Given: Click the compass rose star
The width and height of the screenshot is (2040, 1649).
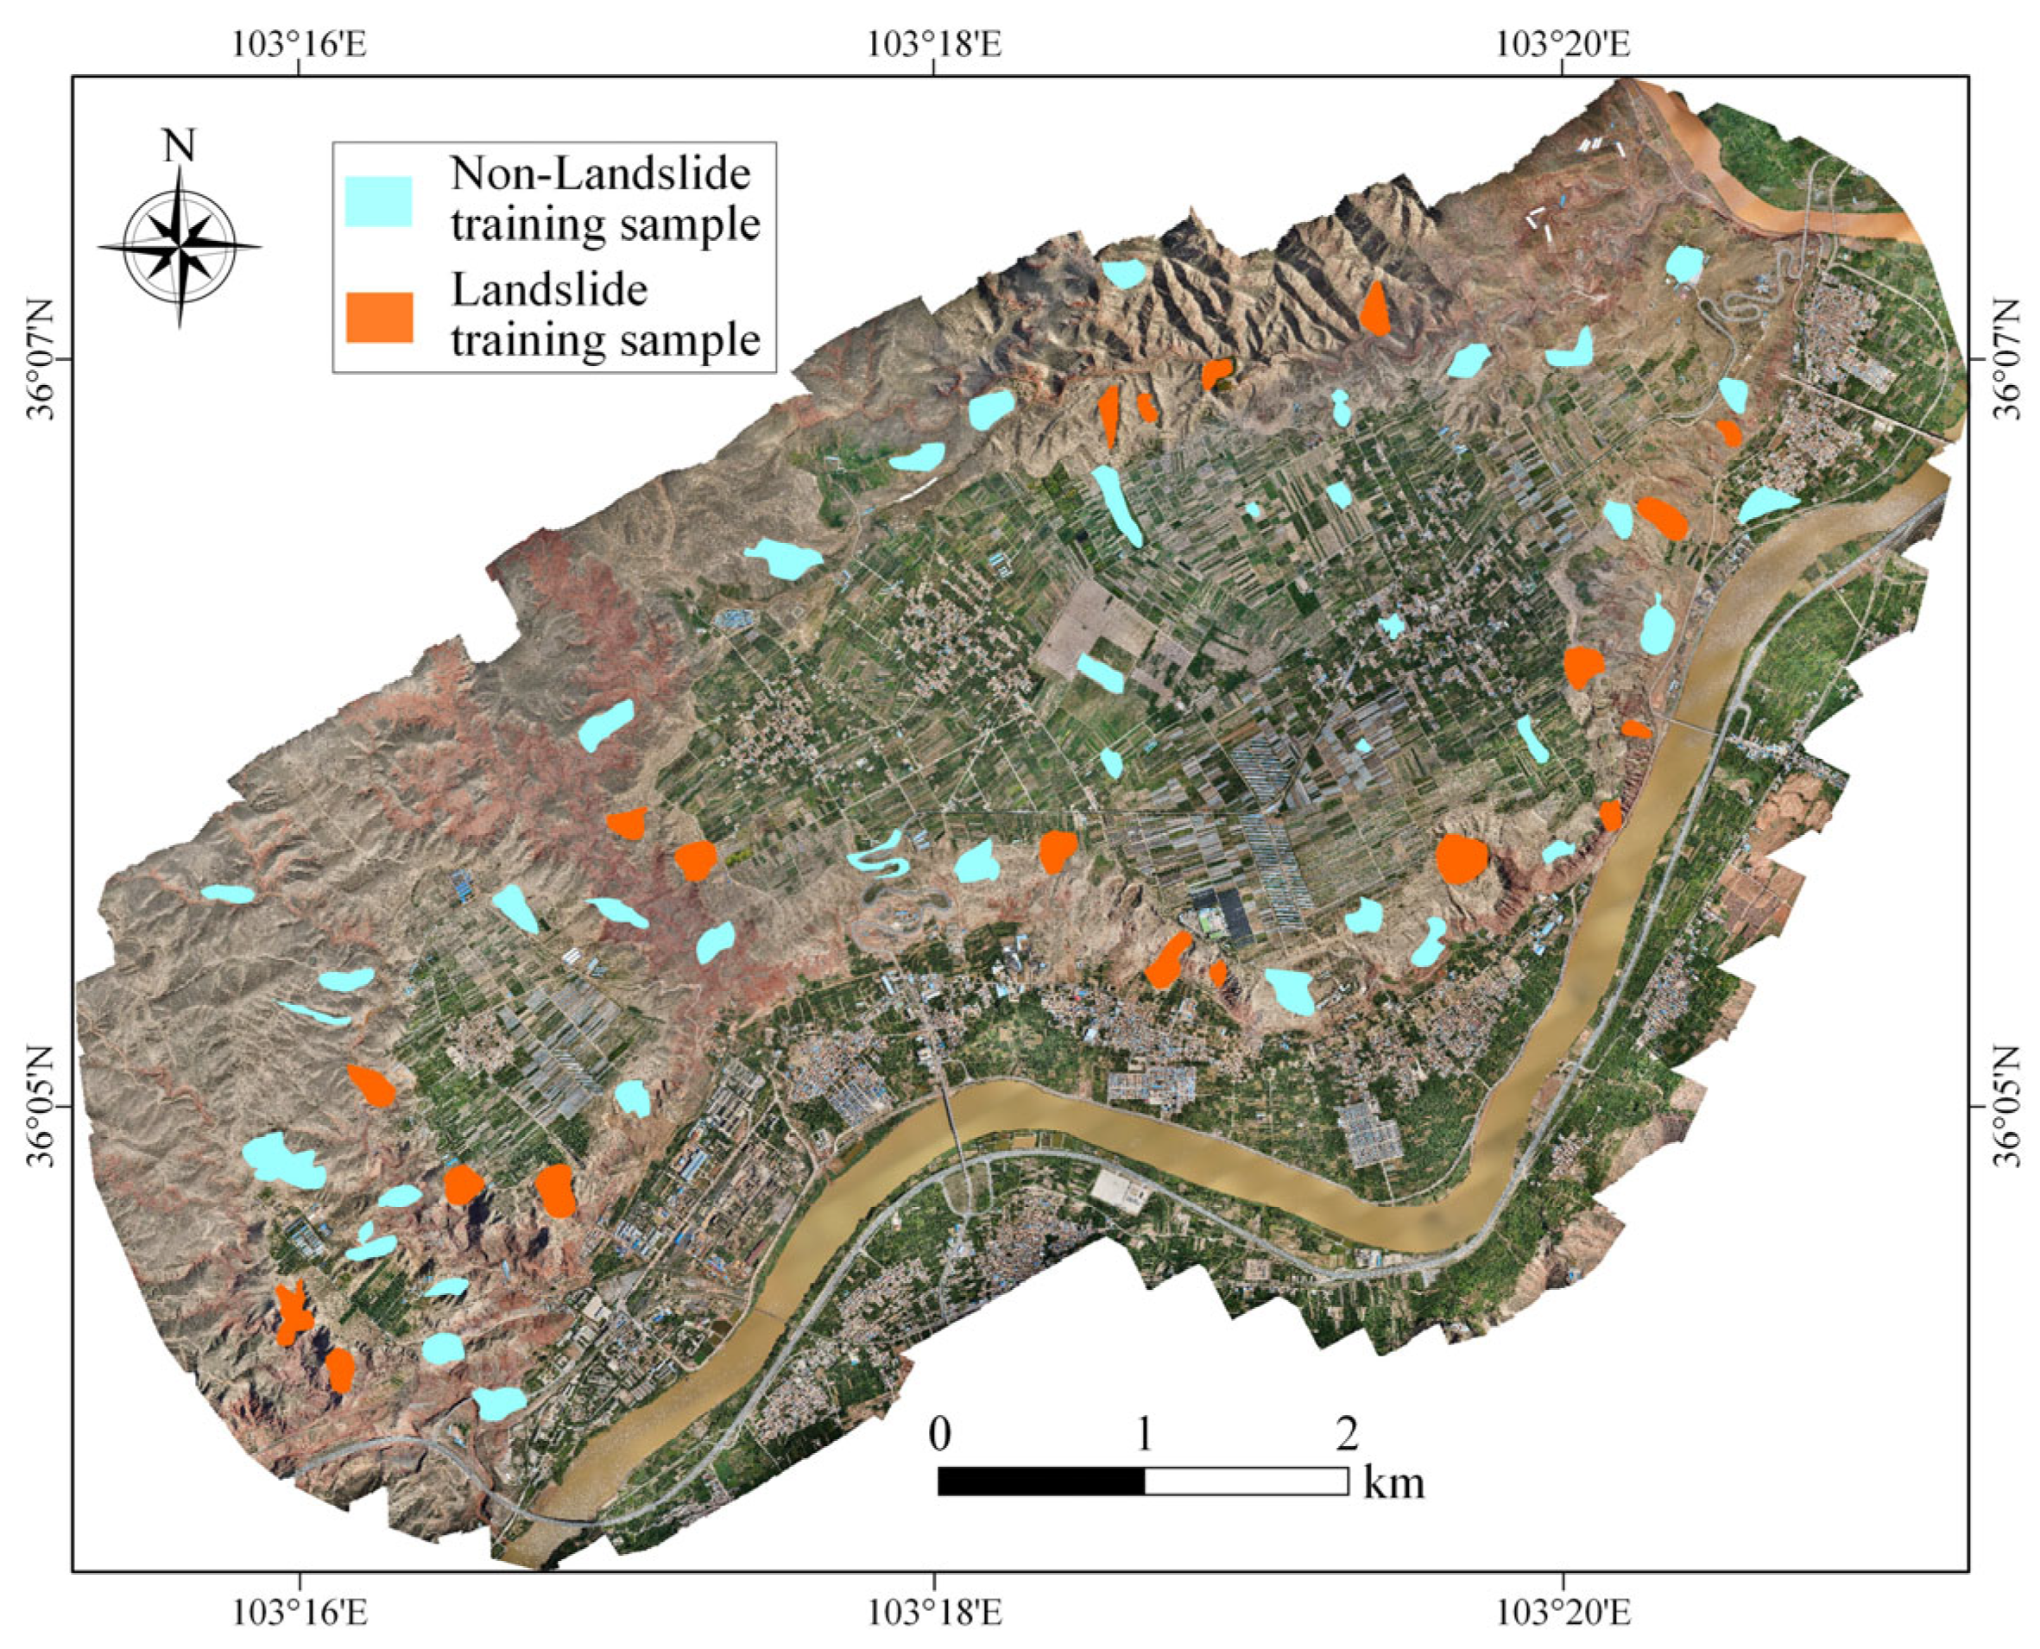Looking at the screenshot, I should pyautogui.click(x=180, y=245).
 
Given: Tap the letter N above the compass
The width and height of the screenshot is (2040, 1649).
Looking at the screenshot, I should pyautogui.click(x=179, y=148).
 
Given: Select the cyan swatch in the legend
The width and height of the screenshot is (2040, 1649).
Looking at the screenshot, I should pyautogui.click(x=378, y=201).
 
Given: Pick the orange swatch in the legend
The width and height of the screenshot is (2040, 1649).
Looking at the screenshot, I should pyautogui.click(x=379, y=317).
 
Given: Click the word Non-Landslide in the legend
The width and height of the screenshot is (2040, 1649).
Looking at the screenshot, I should pyautogui.click(x=600, y=174).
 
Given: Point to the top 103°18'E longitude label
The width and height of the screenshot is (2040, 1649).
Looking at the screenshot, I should pyautogui.click(x=933, y=44).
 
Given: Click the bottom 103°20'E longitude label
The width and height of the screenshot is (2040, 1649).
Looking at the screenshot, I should pyautogui.click(x=1563, y=1613).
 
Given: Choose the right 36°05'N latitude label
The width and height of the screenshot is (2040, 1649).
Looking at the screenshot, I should pyautogui.click(x=2008, y=1107).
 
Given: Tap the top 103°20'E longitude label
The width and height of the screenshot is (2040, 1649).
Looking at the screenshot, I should pyautogui.click(x=1563, y=44).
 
